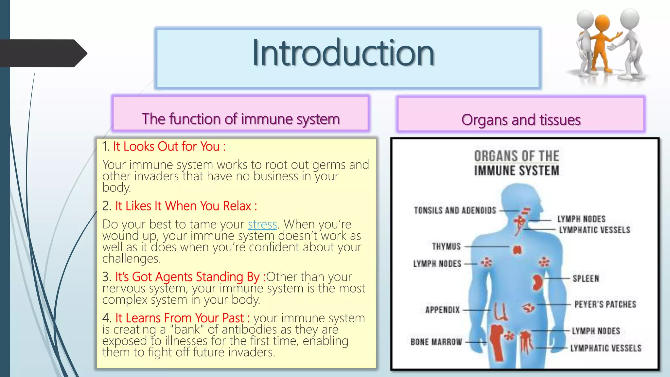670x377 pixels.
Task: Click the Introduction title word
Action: (343, 53)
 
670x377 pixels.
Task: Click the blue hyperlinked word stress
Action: (262, 224)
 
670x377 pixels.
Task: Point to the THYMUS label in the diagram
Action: (446, 246)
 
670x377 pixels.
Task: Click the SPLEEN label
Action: (586, 278)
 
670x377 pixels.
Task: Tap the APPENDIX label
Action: (442, 310)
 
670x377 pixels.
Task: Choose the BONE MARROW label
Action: (436, 342)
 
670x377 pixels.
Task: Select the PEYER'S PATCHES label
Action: (605, 304)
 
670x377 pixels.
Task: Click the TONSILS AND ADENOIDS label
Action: (455, 210)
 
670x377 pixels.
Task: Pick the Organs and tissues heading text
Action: (521, 120)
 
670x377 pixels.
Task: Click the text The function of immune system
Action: (241, 119)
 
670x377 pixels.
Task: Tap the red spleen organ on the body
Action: (537, 283)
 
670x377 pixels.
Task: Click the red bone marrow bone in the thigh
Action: (497, 342)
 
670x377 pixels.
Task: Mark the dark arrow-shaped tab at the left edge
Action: (43, 53)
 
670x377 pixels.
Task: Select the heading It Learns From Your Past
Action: (182, 318)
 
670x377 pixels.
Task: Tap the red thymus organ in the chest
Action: (517, 250)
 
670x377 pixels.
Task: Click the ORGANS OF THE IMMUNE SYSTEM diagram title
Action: (517, 163)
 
